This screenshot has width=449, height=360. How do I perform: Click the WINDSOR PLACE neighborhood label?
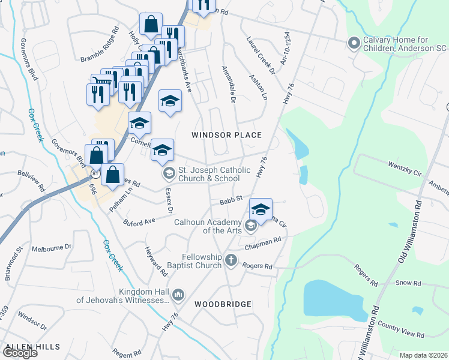click(226, 135)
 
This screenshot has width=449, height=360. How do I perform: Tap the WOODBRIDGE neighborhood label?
click(223, 304)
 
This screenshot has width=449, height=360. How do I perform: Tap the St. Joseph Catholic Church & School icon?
click(169, 174)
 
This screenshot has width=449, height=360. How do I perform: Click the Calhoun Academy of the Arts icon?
click(250, 226)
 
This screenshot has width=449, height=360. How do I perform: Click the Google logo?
click(19, 353)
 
